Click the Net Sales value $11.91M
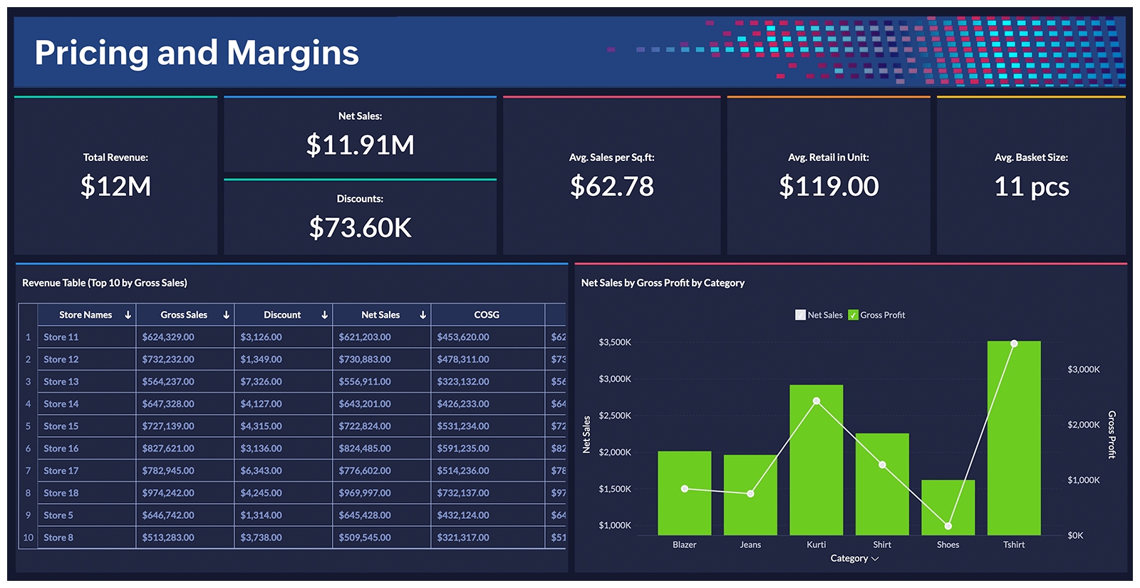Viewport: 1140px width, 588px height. click(360, 145)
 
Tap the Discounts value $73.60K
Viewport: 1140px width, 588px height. click(360, 228)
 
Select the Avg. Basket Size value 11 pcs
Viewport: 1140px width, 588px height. click(1031, 187)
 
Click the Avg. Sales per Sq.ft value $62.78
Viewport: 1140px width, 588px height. click(611, 187)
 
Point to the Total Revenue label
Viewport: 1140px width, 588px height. click(115, 158)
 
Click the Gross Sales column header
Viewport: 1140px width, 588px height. click(184, 315)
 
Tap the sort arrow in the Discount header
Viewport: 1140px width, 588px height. click(324, 315)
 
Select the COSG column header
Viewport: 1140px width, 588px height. click(487, 315)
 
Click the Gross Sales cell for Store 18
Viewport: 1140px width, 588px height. click(168, 493)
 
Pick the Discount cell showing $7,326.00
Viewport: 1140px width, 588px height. click(261, 382)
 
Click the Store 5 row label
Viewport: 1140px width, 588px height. click(58, 515)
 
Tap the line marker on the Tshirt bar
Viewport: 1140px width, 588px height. click(1014, 344)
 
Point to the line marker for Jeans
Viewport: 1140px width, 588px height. click(750, 493)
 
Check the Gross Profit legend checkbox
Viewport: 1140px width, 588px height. click(853, 315)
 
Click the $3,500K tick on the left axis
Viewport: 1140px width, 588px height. click(614, 342)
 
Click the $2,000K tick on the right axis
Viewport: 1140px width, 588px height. click(1083, 425)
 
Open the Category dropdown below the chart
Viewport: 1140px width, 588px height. click(854, 559)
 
